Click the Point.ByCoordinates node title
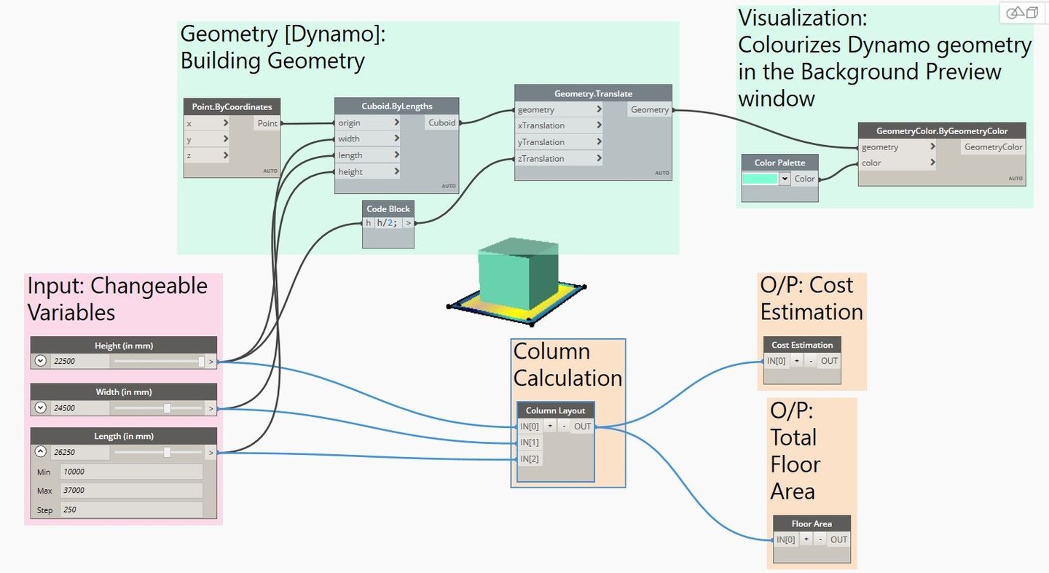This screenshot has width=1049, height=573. click(232, 106)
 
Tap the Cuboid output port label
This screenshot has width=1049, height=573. click(441, 122)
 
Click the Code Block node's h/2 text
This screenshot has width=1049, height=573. click(388, 223)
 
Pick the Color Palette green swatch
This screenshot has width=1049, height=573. click(760, 179)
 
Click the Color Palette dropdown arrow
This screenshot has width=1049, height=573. click(785, 179)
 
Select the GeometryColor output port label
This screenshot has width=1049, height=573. click(993, 147)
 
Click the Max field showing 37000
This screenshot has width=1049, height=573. click(131, 491)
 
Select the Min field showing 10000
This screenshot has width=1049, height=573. click(131, 472)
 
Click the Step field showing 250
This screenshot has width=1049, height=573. click(131, 510)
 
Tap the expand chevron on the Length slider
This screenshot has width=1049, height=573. click(41, 452)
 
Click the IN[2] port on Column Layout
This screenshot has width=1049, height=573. click(530, 459)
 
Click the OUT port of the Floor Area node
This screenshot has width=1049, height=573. click(838, 539)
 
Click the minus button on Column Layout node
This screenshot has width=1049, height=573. click(563, 426)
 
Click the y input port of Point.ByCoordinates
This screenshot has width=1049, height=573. click(207, 139)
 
